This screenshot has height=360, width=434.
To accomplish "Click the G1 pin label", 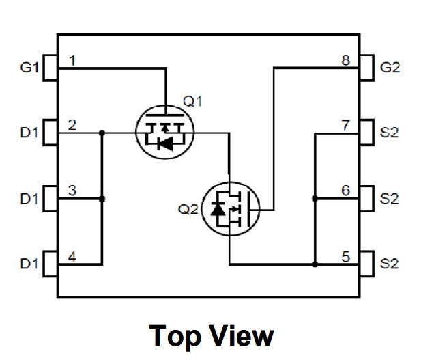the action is [29, 68].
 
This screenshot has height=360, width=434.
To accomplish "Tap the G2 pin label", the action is [390, 68].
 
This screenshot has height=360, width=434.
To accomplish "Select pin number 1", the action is [72, 60].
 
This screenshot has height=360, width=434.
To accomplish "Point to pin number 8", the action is [346, 60].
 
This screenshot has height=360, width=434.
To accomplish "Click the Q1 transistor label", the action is [192, 101].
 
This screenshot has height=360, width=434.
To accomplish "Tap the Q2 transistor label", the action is [188, 209].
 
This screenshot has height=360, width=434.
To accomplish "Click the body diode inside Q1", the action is [166, 143].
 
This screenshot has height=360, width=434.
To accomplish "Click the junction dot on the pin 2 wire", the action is [102, 133].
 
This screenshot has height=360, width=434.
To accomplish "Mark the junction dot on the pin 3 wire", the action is [102, 199].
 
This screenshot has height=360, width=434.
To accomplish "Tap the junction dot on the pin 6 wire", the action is [315, 198].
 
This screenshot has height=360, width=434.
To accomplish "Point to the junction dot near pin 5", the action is [315, 264].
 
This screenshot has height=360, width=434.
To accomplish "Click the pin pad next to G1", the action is [50, 68].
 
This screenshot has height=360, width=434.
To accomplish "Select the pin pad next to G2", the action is [367, 68].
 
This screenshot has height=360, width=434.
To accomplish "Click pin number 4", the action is [72, 257].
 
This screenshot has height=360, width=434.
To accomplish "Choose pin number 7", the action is [346, 126].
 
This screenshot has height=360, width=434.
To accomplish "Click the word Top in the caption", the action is [175, 336].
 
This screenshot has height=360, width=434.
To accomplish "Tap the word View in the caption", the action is [242, 335].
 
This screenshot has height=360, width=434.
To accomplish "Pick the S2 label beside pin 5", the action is [390, 264].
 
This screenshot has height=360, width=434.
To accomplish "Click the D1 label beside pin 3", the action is [29, 199].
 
